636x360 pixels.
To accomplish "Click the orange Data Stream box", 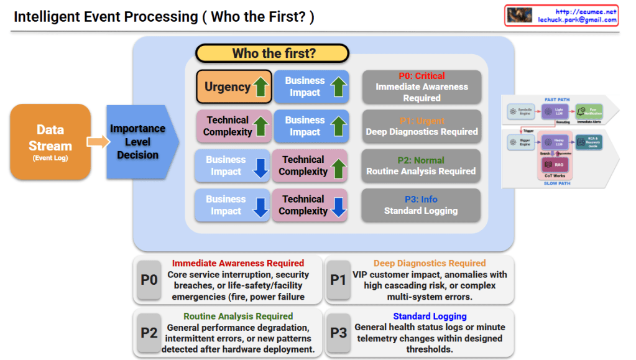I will point(50,142).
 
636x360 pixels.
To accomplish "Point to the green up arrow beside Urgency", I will point(261,88).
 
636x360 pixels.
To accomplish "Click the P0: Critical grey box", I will point(422,86).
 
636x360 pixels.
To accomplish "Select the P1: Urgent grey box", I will point(422,126).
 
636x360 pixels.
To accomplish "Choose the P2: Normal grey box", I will point(422,165).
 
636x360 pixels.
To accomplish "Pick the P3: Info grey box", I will point(422,205).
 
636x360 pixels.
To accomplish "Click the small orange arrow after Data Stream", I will point(97,143).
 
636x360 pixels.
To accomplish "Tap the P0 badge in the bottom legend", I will point(149,280).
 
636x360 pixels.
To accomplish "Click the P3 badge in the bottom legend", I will point(338,333).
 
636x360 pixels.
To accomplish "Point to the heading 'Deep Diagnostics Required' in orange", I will point(430,263).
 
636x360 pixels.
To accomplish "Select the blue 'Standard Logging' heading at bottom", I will point(430,316).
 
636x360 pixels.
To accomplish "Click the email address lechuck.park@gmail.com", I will point(577,20).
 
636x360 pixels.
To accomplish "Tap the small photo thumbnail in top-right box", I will point(520,16).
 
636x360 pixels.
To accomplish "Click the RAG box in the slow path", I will point(549,165).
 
